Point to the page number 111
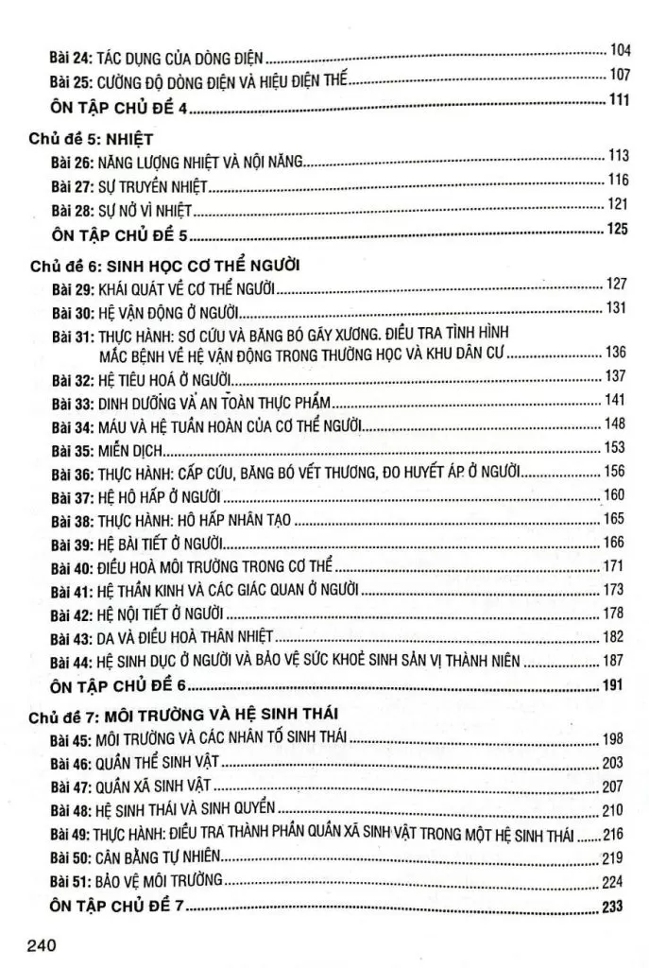[619, 101]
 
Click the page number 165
[615, 518]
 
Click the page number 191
[615, 683]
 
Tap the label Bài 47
[70, 786]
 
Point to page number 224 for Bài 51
[615, 881]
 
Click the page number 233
[615, 907]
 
